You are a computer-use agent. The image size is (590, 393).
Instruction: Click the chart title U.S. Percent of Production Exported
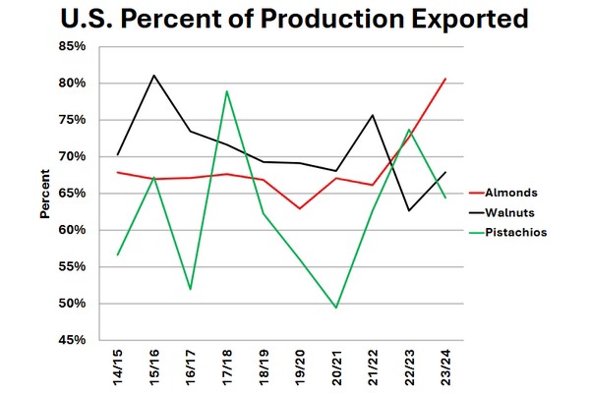pos(294,20)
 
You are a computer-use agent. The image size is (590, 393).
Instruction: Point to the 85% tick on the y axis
pos(87,46)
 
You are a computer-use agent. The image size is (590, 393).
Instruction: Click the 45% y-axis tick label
pos(87,340)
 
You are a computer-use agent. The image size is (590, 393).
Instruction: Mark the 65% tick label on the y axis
pos(87,193)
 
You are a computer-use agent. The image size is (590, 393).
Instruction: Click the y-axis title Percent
pos(45,194)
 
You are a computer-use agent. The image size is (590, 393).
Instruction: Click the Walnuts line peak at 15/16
pos(154,75)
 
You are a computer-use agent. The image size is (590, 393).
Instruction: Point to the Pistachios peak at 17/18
pos(227,91)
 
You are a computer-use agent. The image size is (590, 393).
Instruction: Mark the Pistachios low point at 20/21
pos(336,308)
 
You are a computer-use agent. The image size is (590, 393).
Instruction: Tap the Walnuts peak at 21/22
pos(373,115)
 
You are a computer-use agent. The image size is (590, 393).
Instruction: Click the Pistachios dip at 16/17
pos(191,289)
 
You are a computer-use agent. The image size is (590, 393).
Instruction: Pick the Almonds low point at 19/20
pos(300,208)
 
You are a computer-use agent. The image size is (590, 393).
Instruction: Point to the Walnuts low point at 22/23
pos(409,210)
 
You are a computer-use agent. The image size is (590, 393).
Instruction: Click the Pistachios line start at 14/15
pos(118,255)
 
